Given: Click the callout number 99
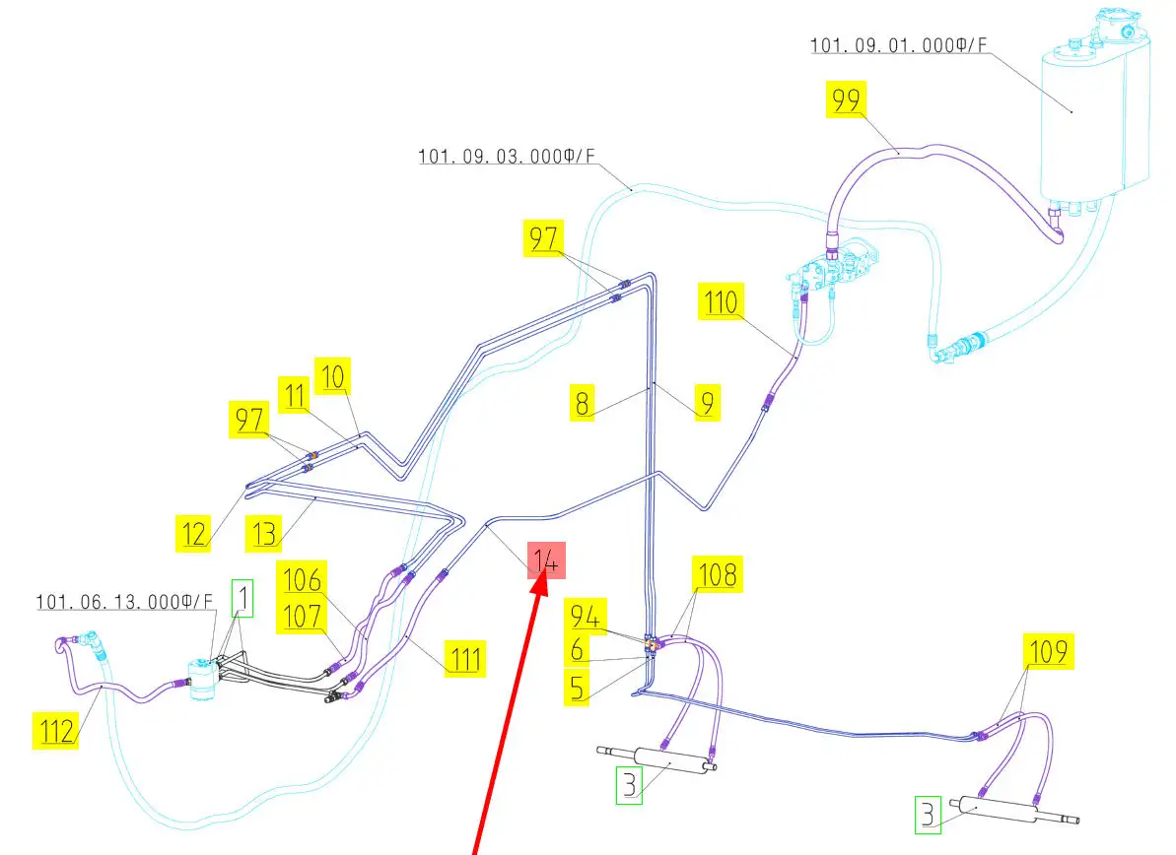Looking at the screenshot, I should [x=847, y=100].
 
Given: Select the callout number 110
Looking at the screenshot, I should [x=721, y=302].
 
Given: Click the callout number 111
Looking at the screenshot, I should [x=463, y=657].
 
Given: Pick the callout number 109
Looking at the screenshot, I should [x=1048, y=651].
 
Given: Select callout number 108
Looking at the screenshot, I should [x=718, y=573].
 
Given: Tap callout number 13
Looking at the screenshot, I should [x=264, y=533].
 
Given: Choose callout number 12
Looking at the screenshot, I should [x=194, y=533].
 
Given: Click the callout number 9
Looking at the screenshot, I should [x=706, y=402].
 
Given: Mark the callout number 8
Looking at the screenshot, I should [x=584, y=404].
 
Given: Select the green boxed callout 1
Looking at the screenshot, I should [x=242, y=598].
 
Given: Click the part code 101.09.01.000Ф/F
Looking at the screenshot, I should [x=898, y=45].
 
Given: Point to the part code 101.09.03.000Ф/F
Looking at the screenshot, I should [x=507, y=156].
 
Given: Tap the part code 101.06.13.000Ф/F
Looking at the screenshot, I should [x=124, y=601].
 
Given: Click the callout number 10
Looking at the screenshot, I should [x=333, y=375].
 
